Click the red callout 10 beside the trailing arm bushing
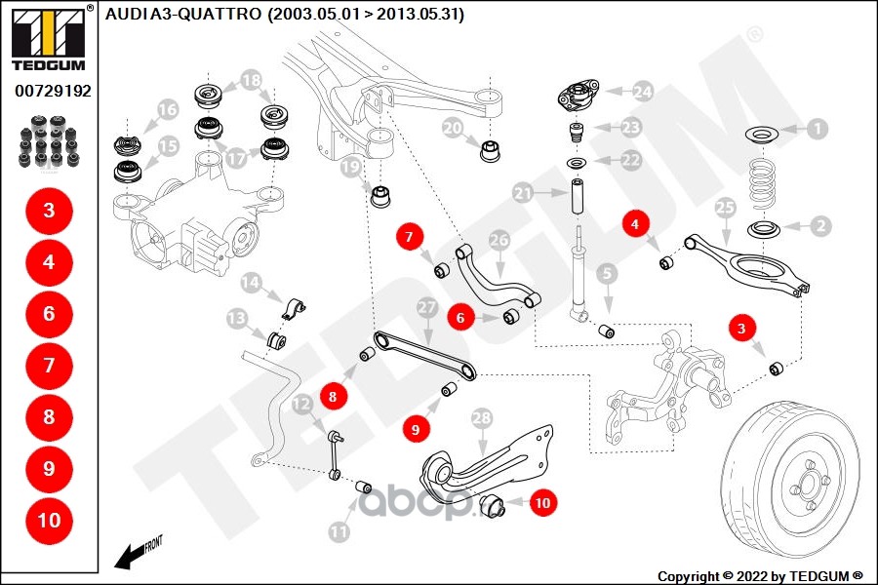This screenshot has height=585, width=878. click(x=542, y=503)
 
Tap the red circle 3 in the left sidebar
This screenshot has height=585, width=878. click(x=49, y=210)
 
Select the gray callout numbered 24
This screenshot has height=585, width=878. click(x=641, y=92)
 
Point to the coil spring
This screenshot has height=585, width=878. click(x=764, y=181)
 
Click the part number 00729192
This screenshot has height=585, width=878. click(x=53, y=91)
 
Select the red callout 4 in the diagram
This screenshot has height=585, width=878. click(x=635, y=225)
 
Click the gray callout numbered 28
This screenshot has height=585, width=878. click(x=481, y=418)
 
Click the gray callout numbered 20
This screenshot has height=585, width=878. click(x=452, y=127)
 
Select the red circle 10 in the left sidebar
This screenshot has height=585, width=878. click(x=49, y=520)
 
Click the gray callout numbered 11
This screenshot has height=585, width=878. click(x=339, y=532)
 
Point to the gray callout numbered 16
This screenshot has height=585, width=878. click(x=167, y=109)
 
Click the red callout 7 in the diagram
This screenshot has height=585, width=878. click(x=410, y=235)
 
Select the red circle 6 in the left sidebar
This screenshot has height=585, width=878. click(x=49, y=313)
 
